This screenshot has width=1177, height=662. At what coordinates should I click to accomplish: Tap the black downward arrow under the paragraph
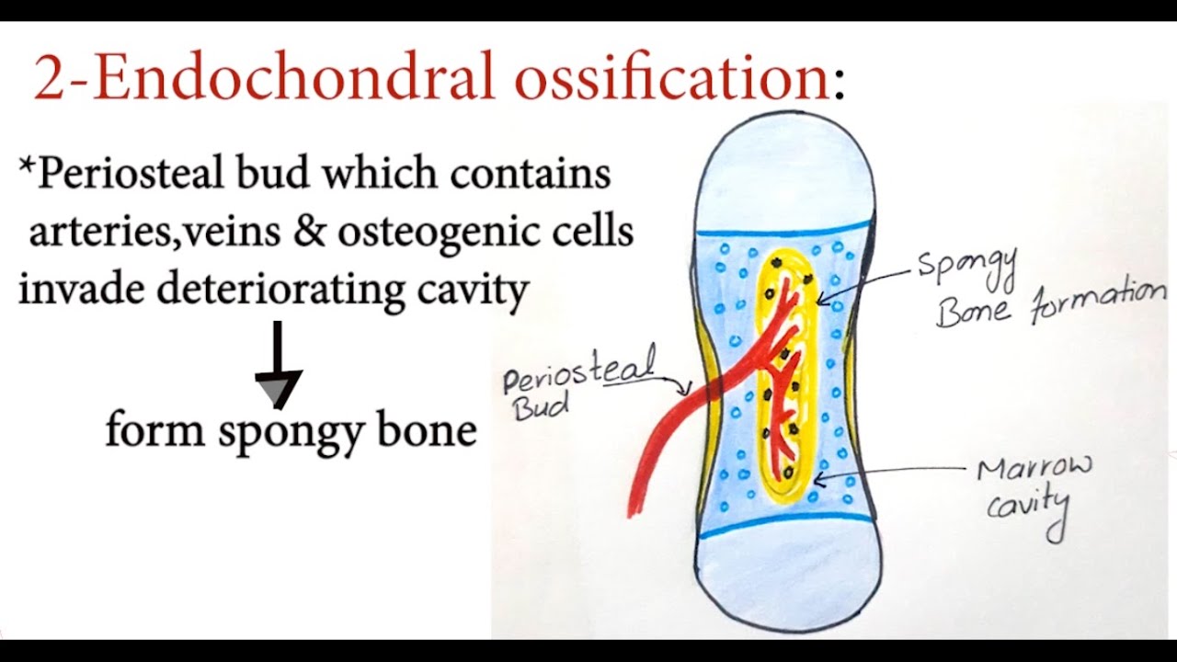click(x=277, y=368)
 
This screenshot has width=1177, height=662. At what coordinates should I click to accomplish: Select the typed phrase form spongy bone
click(x=291, y=431)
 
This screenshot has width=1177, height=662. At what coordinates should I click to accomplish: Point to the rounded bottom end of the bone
click(x=786, y=579)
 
